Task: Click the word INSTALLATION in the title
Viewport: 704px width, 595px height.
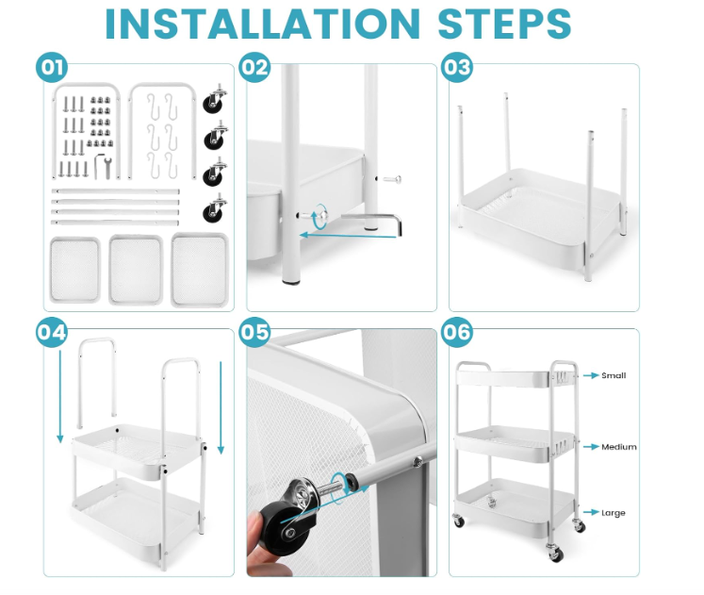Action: point(263,24)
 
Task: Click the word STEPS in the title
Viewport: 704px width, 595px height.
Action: point(504,24)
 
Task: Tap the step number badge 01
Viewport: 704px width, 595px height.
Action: point(52,67)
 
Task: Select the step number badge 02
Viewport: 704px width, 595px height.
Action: point(254,67)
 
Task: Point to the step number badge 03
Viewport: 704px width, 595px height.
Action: point(457,67)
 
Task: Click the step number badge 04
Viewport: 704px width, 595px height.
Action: point(52,332)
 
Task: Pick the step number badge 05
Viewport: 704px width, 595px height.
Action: point(254,332)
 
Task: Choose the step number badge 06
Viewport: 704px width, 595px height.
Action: point(457,332)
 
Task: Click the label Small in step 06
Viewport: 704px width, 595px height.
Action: point(614,375)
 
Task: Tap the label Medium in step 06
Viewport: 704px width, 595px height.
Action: point(618,447)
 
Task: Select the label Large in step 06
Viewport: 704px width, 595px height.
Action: point(613,513)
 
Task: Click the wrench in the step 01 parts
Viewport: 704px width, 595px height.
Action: point(107,166)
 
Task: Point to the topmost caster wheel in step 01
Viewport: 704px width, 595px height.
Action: point(215,98)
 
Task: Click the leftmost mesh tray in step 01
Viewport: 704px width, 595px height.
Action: point(74,271)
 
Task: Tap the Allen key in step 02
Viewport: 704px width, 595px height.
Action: point(371,223)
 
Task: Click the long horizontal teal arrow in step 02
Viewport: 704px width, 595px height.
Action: point(348,235)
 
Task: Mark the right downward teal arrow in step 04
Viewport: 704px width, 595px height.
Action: point(221,407)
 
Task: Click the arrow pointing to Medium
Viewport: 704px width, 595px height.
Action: point(591,447)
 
